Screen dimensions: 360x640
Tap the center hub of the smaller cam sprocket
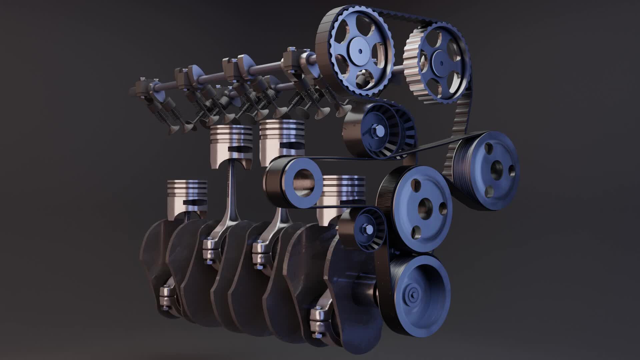click(441, 63)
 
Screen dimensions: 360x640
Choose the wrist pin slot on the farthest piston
click(195, 202)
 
